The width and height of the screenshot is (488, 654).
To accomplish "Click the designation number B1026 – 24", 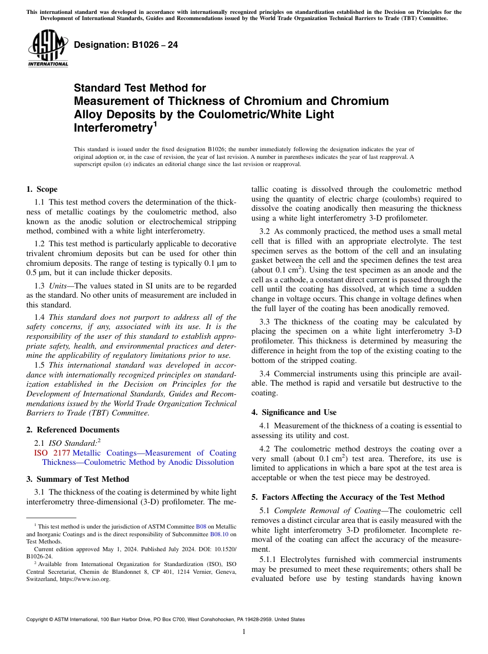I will pyautogui.click(x=126, y=45).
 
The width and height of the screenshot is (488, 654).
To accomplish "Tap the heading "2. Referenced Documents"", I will pyautogui.click(x=72, y=430).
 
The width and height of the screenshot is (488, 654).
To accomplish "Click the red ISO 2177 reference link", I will pyautogui.click(x=51, y=453).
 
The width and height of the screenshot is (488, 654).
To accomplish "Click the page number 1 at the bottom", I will pyautogui.click(x=244, y=631).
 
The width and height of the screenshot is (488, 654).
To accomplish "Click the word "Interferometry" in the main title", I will pyautogui.click(x=112, y=128).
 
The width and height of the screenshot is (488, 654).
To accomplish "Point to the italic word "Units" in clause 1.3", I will pyautogui.click(x=59, y=285).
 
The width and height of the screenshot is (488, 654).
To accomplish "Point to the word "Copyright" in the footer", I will pyautogui.click(x=39, y=620).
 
